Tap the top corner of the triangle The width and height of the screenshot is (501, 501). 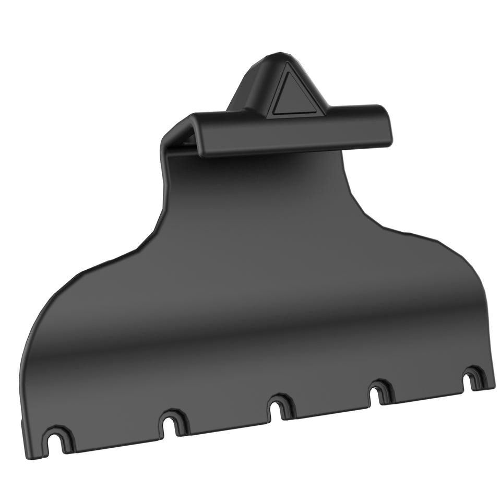coord(287,72)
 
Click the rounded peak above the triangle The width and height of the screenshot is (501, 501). coord(277,56)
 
